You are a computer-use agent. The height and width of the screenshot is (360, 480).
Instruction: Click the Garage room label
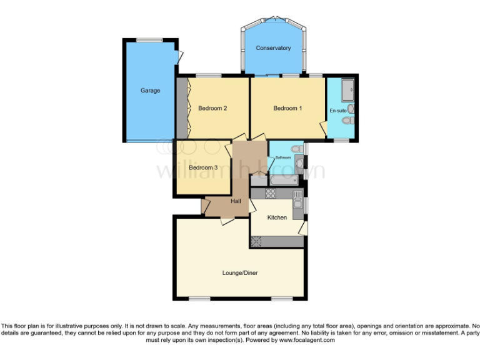(x=150, y=91)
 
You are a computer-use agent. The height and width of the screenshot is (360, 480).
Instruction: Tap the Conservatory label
(x=273, y=48)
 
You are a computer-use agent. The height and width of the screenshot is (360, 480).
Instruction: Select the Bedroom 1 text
(x=287, y=108)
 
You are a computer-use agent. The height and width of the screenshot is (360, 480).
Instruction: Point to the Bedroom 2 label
(x=212, y=108)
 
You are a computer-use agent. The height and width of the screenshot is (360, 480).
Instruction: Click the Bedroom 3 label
(x=203, y=167)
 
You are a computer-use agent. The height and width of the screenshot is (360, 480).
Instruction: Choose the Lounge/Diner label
(x=240, y=272)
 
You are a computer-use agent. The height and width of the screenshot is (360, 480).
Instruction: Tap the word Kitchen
(x=277, y=217)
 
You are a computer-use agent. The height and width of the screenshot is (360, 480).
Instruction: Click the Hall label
(x=236, y=201)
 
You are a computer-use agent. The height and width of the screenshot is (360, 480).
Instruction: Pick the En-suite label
(x=337, y=111)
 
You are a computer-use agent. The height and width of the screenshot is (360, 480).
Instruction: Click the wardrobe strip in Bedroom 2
(x=182, y=108)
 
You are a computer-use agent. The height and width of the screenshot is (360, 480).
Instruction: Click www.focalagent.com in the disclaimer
(x=307, y=341)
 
